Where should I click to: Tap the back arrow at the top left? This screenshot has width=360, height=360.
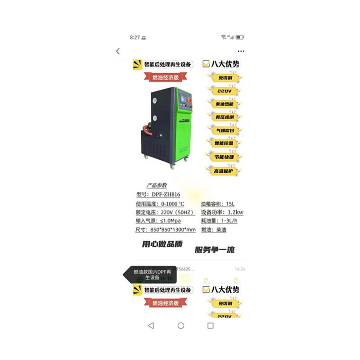point(118,51)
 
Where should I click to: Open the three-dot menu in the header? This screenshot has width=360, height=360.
point(241,51)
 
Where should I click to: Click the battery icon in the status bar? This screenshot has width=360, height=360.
point(240,37)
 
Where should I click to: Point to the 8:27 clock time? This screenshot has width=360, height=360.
point(135,37)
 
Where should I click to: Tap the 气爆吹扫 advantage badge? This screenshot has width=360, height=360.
point(225,130)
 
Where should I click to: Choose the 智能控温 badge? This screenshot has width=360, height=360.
point(225,143)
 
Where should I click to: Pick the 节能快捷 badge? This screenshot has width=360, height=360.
point(225,157)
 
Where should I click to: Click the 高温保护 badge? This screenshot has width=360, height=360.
point(225,171)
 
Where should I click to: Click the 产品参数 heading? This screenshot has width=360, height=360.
point(157,185)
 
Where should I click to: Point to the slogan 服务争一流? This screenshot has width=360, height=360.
point(215,250)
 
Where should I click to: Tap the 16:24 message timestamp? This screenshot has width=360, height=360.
point(240,269)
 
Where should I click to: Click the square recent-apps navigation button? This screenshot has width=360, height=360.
point(210,325)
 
